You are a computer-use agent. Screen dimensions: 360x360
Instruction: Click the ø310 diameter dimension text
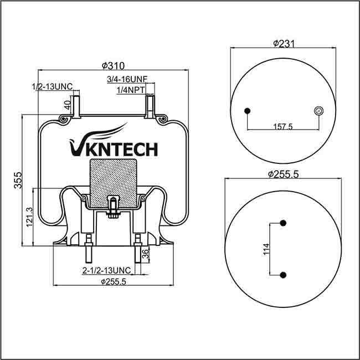pyautogui.click(x=113, y=65)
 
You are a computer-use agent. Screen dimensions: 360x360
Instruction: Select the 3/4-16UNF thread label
pyautogui.click(x=127, y=80)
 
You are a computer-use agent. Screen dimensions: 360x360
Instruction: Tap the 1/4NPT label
pyautogui.click(x=131, y=89)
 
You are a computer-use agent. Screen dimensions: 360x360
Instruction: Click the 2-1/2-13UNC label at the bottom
pyautogui.click(x=106, y=270)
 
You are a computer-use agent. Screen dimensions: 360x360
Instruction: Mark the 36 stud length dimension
pyautogui.click(x=146, y=254)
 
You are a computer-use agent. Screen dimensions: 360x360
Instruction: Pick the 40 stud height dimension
pyautogui.click(x=67, y=104)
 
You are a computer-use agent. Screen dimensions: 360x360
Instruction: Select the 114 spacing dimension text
pyautogui.click(x=266, y=249)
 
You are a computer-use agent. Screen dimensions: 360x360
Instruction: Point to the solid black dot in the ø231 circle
pyautogui.click(x=247, y=111)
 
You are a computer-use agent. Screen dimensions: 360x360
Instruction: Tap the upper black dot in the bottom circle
pyautogui.click(x=283, y=223)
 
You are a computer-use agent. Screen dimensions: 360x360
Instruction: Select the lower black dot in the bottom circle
pyautogui.click(x=283, y=275)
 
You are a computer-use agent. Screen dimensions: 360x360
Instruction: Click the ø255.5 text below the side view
pyautogui.click(x=114, y=281)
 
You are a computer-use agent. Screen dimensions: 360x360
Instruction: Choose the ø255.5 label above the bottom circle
pyautogui.click(x=283, y=174)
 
